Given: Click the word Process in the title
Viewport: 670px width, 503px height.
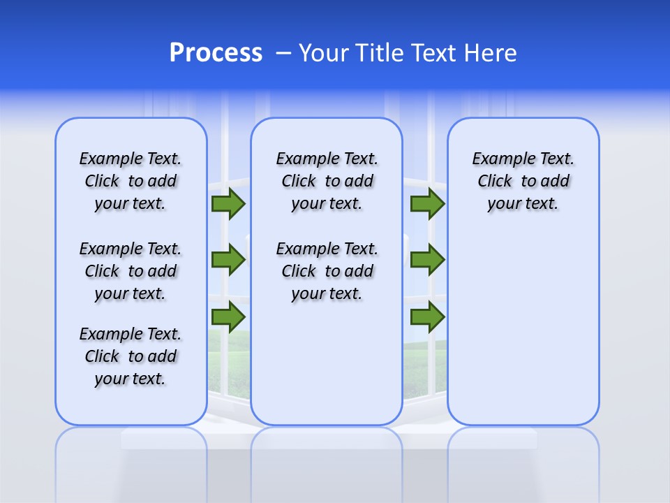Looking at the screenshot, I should [216, 53].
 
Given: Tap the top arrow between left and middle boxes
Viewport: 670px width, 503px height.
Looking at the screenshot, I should [228, 204].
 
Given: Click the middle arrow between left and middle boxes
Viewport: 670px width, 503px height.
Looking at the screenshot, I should [228, 260].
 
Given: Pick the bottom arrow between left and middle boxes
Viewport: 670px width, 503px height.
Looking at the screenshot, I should [228, 317].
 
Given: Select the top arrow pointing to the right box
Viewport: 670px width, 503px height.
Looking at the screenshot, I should [427, 204].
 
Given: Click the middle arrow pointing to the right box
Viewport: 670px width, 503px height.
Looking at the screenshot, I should [427, 260].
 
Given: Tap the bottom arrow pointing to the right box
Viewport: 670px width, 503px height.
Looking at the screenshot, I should [427, 317].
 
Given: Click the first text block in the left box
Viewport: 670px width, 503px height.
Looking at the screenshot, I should [131, 181].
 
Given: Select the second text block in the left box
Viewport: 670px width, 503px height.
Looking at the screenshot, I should [131, 271].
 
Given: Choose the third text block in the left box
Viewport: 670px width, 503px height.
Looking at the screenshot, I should [131, 356].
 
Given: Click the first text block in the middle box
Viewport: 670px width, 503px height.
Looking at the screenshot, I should [327, 181].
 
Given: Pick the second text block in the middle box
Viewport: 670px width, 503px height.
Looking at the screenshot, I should [327, 271].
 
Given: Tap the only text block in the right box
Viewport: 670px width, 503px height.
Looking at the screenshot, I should [523, 181].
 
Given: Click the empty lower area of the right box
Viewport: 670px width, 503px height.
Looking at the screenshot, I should [523, 328].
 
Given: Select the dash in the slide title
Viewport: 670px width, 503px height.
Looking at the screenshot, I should [283, 53].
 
